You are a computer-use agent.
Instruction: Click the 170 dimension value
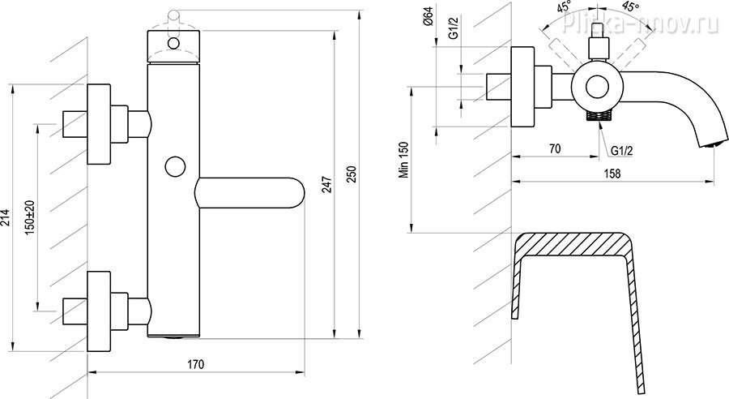[x=196, y=364]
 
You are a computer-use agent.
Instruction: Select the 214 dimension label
[x=6, y=218]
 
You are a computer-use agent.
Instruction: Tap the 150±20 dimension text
[x=31, y=217]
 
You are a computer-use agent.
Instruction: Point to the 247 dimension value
[x=327, y=185]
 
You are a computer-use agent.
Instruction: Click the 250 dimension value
[x=352, y=174]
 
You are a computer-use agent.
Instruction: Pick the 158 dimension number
[x=613, y=174]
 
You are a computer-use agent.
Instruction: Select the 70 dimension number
[x=555, y=148]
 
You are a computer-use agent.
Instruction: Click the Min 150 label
[x=403, y=160]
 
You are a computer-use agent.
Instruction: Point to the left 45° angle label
[x=564, y=8]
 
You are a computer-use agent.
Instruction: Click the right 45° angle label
[x=631, y=7]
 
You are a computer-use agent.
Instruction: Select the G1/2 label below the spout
[x=621, y=151]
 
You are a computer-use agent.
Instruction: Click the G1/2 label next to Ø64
[x=454, y=27]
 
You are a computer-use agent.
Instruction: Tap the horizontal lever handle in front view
[x=250, y=192]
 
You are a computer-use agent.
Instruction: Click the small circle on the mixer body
[x=175, y=167]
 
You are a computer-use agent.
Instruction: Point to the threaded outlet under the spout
[x=599, y=115]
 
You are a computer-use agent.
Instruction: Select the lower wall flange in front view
[x=99, y=311]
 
